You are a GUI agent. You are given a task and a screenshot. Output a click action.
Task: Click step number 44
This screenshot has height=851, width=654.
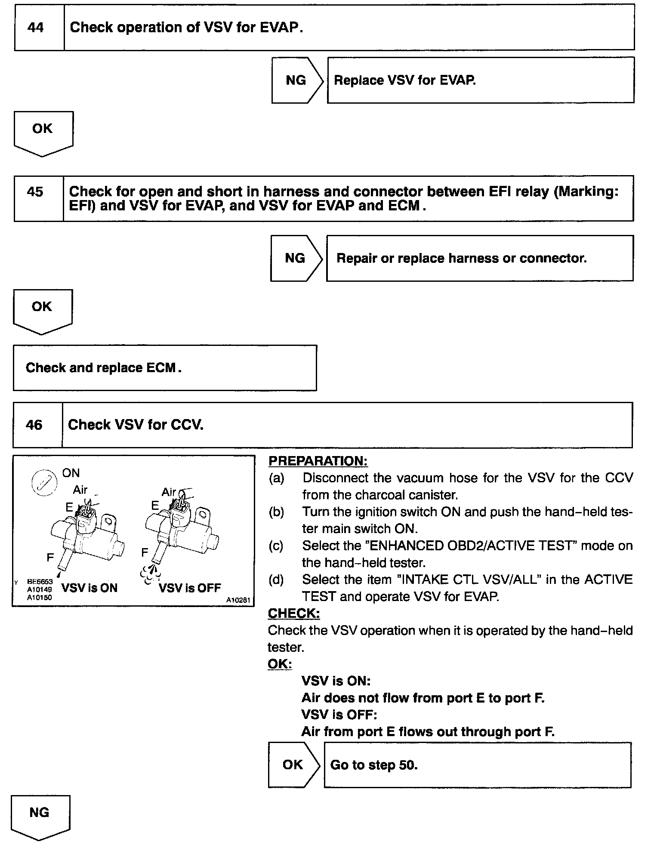[35, 28]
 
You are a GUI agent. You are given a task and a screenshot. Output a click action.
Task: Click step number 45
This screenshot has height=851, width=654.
[35, 191]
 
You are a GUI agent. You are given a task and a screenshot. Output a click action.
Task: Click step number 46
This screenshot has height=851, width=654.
[34, 425]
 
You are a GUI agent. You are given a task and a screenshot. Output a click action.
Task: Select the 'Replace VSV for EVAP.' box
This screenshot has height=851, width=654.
[480, 80]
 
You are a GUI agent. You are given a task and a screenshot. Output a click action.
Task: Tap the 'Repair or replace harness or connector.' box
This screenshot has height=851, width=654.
[479, 258]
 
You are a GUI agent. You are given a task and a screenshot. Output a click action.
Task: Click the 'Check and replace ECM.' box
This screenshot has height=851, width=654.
[165, 368]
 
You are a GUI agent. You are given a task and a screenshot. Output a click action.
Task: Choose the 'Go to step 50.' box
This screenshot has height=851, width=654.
[477, 765]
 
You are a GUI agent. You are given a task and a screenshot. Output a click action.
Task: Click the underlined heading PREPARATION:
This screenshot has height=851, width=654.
[318, 461]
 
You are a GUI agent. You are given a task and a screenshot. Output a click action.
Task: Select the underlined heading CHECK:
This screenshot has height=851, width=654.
[294, 613]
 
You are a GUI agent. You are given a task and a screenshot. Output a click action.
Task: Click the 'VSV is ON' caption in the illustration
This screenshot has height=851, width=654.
[89, 588]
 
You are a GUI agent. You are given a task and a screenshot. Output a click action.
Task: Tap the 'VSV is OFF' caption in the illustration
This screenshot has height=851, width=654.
[190, 588]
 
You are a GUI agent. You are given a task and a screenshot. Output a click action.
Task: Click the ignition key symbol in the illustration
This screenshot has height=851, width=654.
[45, 481]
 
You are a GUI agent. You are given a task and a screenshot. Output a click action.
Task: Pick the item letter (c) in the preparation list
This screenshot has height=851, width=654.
[276, 546]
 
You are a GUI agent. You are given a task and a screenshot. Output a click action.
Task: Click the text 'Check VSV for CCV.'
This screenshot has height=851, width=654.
[136, 425]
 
